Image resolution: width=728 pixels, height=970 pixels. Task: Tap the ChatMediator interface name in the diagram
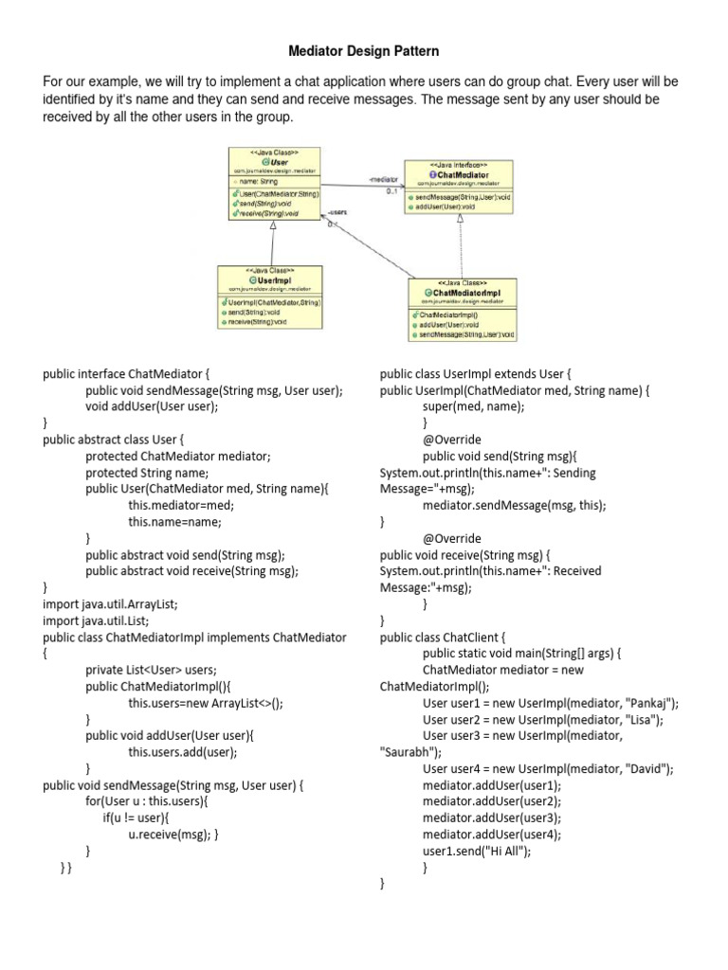coord(464,173)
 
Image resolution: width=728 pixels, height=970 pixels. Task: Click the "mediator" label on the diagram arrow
coord(383,178)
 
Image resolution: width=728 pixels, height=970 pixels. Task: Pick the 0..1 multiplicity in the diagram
coord(391,191)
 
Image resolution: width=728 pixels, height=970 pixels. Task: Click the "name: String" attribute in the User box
coord(257,180)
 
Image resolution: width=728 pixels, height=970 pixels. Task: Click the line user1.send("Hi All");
coord(477,851)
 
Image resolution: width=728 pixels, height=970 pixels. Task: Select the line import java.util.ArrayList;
coord(110,604)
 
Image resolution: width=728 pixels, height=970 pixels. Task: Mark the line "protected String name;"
coord(146,473)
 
